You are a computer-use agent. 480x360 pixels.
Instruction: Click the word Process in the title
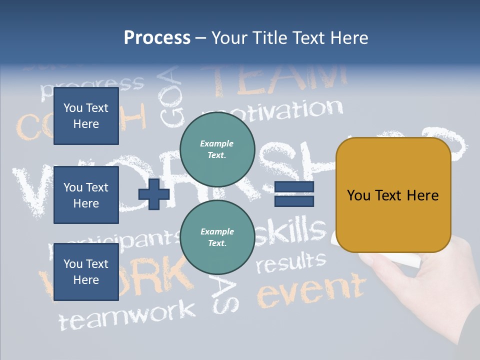point(157,38)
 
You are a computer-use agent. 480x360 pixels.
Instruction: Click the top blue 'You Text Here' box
point(86,116)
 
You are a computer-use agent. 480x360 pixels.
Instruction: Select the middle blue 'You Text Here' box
point(86,195)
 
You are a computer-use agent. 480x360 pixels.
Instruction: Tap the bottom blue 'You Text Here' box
point(86,272)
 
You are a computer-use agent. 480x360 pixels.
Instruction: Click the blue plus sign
point(153,194)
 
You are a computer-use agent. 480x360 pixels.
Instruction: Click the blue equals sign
point(294,194)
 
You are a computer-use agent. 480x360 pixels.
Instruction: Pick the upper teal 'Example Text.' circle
point(217,149)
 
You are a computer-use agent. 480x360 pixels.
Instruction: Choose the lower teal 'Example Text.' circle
point(217,237)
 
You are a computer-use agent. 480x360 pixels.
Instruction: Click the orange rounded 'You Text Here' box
point(393,195)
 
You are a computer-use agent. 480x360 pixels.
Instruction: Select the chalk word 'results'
point(290,262)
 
